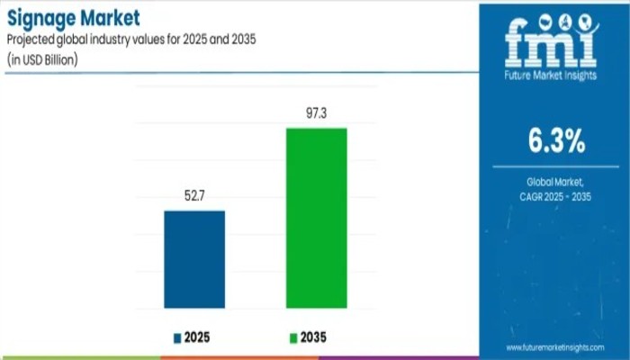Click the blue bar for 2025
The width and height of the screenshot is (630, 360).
[193, 260]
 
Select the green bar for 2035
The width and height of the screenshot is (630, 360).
[316, 219]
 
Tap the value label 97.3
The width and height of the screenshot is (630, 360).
[316, 114]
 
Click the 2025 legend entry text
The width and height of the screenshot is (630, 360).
[199, 337]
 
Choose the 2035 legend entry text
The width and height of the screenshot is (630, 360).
[314, 337]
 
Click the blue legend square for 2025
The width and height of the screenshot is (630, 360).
[177, 338]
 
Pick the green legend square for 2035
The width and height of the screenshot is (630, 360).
[292, 338]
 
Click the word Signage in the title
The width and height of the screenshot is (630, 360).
[42, 16]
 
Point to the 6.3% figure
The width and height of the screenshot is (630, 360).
[553, 141]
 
